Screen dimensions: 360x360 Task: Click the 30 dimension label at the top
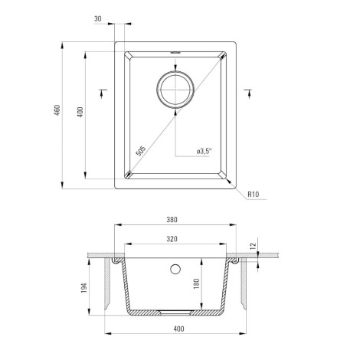pos(98,18)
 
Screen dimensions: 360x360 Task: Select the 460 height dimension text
pos(57,110)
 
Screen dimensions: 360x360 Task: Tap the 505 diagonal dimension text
pos(141,151)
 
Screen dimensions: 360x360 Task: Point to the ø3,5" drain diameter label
pos(205,151)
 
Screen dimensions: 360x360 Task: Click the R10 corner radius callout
pos(254,195)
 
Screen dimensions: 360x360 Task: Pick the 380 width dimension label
pos(172,220)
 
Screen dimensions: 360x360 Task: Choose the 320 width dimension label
pos(172,239)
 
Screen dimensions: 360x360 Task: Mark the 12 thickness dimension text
pos(253,246)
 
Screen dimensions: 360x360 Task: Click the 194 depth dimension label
pos(84,288)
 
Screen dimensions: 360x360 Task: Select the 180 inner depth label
pos(196,283)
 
